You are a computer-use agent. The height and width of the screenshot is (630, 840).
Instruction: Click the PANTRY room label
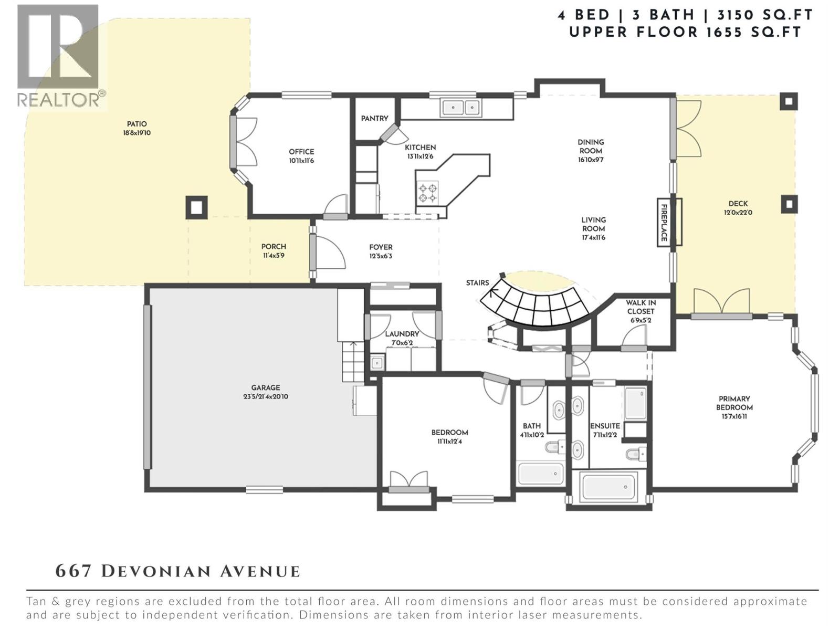click(374, 119)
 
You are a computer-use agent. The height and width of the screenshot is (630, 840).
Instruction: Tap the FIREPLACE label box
click(664, 222)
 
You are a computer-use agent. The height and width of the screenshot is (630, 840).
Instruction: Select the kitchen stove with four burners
click(427, 192)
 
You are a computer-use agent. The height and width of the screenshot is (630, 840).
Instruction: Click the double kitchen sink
click(461, 108)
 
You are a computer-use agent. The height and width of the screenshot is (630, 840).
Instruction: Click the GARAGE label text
click(265, 388)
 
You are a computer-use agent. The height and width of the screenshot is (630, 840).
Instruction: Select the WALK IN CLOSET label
click(640, 307)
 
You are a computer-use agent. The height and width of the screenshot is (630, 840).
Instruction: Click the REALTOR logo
click(59, 55)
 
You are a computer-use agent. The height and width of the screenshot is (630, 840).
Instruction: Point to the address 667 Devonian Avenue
click(178, 571)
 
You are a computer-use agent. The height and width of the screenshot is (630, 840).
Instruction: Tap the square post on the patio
click(196, 208)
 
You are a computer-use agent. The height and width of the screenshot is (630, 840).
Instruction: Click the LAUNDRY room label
click(402, 334)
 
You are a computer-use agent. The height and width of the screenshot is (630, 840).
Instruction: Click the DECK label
click(738, 204)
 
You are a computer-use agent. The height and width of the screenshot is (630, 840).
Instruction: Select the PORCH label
click(274, 246)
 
